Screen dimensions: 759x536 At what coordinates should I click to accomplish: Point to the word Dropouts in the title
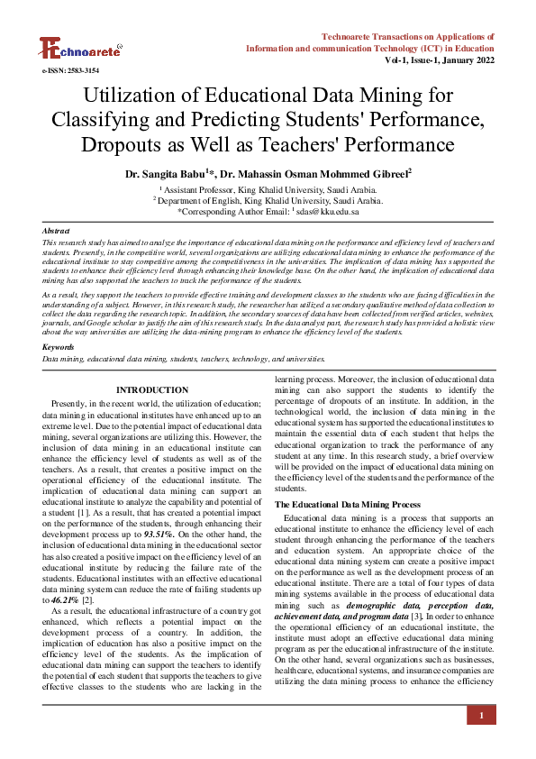(122, 143)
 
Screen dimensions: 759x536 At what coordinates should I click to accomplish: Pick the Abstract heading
(56, 232)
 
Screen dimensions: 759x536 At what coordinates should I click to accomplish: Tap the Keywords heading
(59, 346)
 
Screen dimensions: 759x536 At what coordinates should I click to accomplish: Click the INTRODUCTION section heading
(152, 389)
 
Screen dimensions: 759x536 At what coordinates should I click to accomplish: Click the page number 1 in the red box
(482, 716)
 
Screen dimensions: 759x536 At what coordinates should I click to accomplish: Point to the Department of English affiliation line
(268, 201)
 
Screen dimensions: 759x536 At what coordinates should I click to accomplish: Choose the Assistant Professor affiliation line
(268, 190)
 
